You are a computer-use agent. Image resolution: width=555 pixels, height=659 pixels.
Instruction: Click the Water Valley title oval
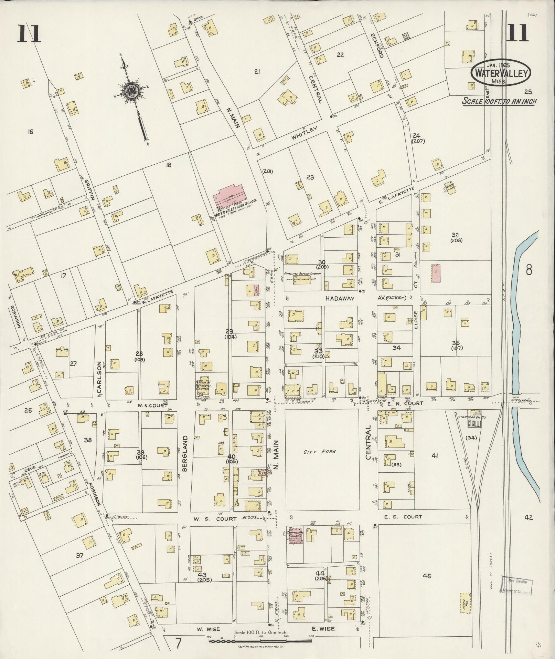501,73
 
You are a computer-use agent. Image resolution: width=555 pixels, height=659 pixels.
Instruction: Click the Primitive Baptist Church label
302,273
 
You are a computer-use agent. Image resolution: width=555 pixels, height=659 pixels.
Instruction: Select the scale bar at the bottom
260,641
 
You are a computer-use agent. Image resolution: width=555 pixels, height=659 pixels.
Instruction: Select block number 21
257,72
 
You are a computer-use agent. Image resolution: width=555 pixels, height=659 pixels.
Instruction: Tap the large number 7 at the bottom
178,642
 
